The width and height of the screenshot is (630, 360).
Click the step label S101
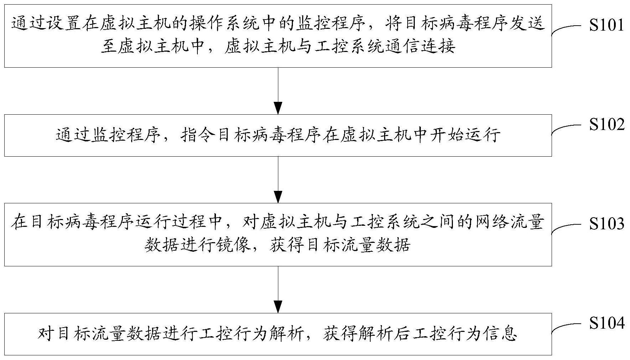coord(606,25)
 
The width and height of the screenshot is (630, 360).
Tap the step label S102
coord(606,125)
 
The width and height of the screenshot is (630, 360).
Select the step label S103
coord(606,224)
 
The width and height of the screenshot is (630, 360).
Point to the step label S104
coord(606,323)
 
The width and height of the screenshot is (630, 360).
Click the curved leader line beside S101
coord(566,29)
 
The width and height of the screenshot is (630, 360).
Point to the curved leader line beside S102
coord(566,129)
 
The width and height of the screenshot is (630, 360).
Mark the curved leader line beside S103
coord(566,228)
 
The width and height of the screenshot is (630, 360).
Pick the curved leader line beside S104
coord(566,327)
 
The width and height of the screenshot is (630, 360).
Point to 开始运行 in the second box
coord(465,136)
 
